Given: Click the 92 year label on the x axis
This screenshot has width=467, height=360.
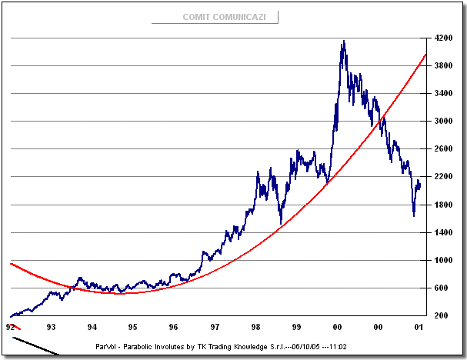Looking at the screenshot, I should pos(10,326).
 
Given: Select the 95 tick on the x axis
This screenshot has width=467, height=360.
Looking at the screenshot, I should pos(132,326).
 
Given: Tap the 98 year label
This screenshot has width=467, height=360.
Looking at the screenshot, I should pos(255,326).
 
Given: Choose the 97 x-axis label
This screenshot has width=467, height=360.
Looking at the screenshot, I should pos(215,326).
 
